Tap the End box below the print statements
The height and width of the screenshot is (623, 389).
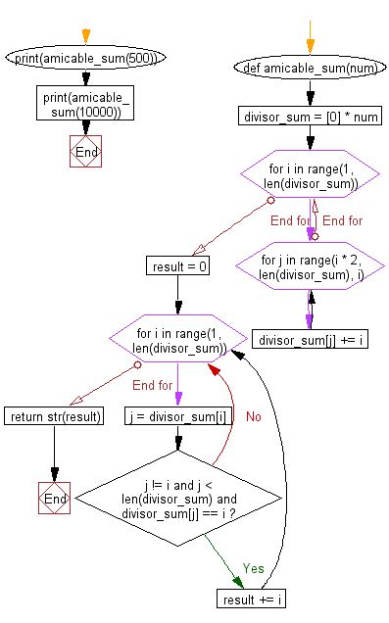(x=86, y=154)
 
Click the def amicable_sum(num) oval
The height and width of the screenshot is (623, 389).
(x=310, y=69)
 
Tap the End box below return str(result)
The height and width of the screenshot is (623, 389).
(x=54, y=498)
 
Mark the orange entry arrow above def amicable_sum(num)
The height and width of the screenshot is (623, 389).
(x=310, y=41)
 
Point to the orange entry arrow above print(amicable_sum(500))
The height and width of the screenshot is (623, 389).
(x=86, y=36)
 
